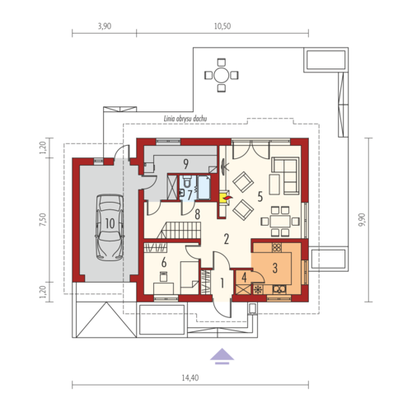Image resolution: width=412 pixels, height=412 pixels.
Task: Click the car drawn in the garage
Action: click(109, 227)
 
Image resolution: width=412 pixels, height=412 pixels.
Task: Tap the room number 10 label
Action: click(110, 223)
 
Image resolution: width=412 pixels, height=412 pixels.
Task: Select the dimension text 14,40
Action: click(190, 378)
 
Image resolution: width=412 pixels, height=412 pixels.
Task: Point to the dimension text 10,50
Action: click(222, 26)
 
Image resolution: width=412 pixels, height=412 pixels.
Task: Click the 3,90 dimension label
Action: click(105, 26)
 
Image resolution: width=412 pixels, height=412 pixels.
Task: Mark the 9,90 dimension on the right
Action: click(363, 219)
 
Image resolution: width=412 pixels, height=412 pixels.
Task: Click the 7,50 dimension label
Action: click(43, 219)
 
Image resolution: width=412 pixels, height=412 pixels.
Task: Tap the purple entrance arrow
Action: click(222, 356)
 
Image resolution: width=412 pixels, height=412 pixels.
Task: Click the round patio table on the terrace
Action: click(222, 75)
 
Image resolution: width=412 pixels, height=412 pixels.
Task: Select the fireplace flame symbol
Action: click(227, 197)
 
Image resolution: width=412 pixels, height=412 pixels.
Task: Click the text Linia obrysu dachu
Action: click(185, 119)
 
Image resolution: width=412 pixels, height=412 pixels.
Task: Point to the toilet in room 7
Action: click(187, 181)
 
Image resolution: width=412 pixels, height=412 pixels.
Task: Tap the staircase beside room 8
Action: click(179, 230)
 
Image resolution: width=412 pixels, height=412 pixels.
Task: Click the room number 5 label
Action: click(260, 197)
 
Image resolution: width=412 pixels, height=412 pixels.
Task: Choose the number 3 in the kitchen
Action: click(275, 268)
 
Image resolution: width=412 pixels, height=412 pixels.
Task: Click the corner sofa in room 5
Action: click(286, 176)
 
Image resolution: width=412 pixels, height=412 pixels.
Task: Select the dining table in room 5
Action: click(280, 222)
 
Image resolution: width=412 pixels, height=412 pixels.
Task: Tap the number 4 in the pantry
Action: click(244, 277)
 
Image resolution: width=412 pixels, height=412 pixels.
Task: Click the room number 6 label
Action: click(164, 263)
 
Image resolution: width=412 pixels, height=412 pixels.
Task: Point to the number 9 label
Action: click(186, 164)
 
